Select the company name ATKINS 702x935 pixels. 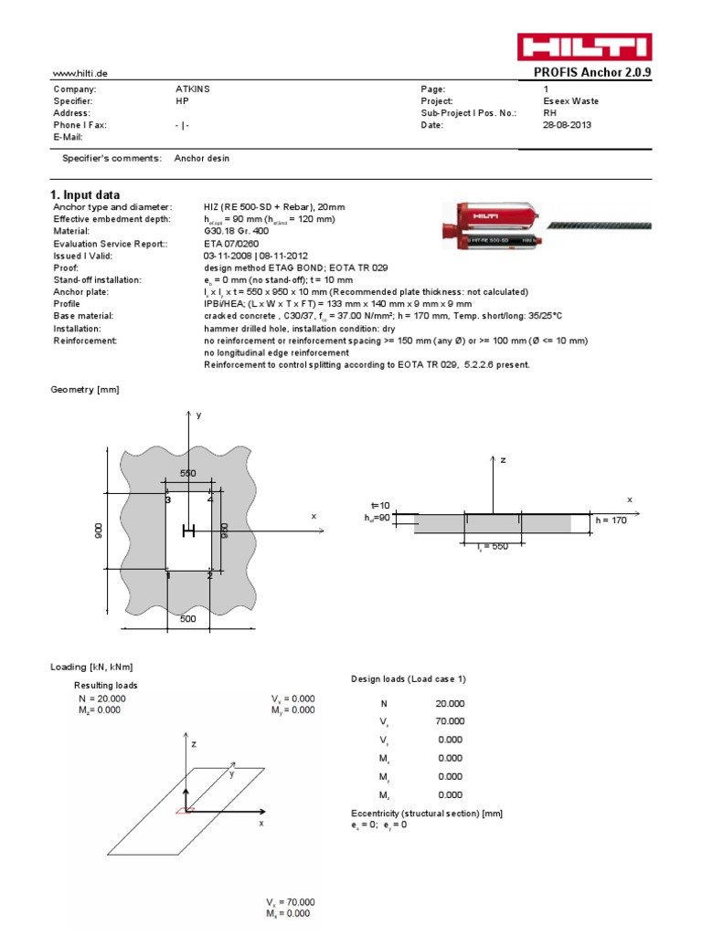[192, 89]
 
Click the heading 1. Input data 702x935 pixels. [84, 195]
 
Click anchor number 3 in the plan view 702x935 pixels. [167, 500]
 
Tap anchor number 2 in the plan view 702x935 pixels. [209, 575]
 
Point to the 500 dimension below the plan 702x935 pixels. [187, 618]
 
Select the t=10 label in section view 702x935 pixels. [379, 505]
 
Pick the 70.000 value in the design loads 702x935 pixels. [450, 721]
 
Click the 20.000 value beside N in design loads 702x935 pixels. [450, 703]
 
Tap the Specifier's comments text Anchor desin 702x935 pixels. [202, 158]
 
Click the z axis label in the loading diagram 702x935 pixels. [194, 744]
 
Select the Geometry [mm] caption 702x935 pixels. [84, 390]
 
